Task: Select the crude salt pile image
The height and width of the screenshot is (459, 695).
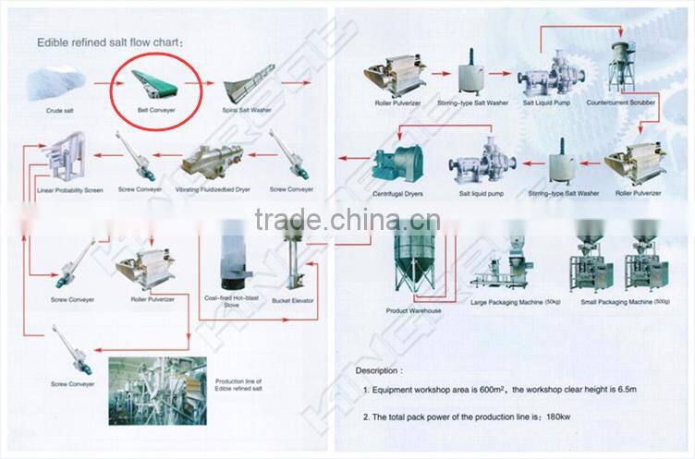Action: (x=57, y=84)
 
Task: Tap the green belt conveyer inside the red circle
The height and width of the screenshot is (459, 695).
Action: (x=153, y=83)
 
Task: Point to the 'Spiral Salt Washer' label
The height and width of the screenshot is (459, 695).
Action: (x=248, y=109)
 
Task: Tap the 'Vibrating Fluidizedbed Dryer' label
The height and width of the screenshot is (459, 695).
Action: (x=212, y=189)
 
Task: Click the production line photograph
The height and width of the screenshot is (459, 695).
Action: (x=162, y=392)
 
